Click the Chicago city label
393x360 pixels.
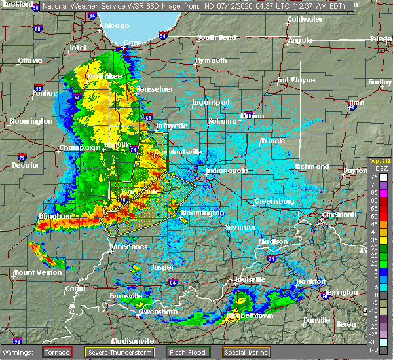click(x=115, y=26)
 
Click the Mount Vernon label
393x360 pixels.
click(x=33, y=272)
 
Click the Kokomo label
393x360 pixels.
click(x=222, y=122)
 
